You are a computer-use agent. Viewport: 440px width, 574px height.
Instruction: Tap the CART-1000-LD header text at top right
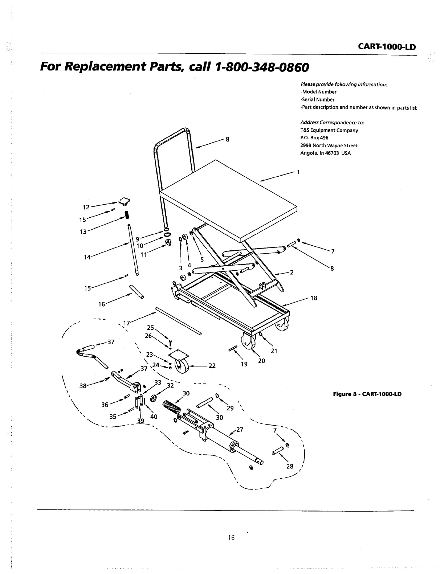pyautogui.click(x=386, y=47)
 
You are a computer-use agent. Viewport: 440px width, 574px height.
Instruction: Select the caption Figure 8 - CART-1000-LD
pyautogui.click(x=367, y=394)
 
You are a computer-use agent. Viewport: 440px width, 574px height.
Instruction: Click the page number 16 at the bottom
pyautogui.click(x=231, y=537)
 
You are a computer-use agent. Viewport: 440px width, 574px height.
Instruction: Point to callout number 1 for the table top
pyautogui.click(x=298, y=172)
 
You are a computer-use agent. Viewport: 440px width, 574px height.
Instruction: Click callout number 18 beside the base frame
pyautogui.click(x=314, y=298)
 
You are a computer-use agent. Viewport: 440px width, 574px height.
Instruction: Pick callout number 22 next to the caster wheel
pyautogui.click(x=212, y=366)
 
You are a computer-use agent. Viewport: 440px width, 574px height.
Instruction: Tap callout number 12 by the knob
pyautogui.click(x=86, y=207)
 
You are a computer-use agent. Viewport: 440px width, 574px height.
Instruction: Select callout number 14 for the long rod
pyautogui.click(x=87, y=257)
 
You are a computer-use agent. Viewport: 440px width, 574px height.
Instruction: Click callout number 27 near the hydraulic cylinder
pyautogui.click(x=240, y=430)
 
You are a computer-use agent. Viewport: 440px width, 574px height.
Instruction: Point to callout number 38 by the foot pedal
pyautogui.click(x=83, y=386)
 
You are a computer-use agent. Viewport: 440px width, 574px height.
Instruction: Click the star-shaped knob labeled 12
pyautogui.click(x=125, y=201)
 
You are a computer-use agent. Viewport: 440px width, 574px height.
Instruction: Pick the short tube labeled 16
pyautogui.click(x=137, y=292)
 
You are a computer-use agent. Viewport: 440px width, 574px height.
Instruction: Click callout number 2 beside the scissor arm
pyautogui.click(x=292, y=272)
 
